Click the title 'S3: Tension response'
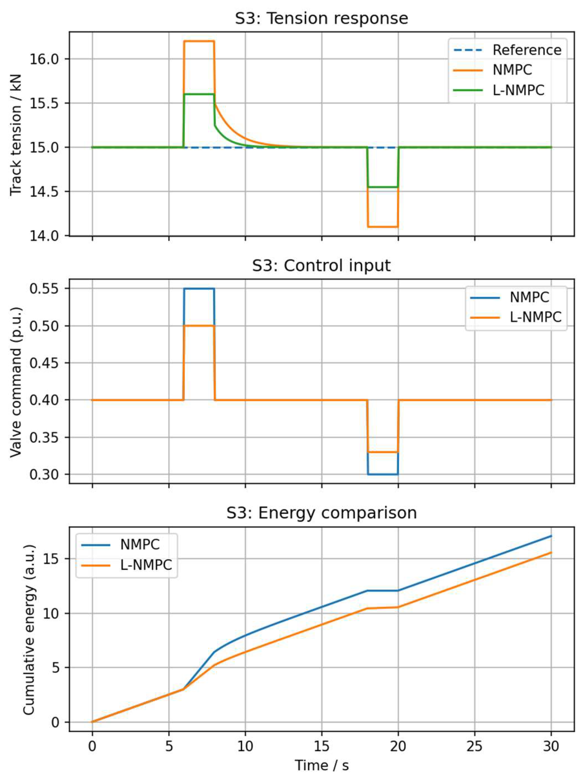pyautogui.click(x=321, y=18)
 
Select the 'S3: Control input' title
pyautogui.click(x=321, y=265)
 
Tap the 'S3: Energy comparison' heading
pyautogui.click(x=321, y=513)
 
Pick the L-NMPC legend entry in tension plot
pyautogui.click(x=518, y=90)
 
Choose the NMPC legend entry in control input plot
pyautogui.click(x=529, y=297)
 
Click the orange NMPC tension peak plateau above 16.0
pyautogui.click(x=199, y=41)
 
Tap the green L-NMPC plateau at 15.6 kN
pyautogui.click(x=199, y=94)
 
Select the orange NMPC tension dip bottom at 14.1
pyautogui.click(x=383, y=227)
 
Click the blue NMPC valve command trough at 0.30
pyautogui.click(x=383, y=474)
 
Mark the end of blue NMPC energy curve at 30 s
pyautogui.click(x=551, y=536)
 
